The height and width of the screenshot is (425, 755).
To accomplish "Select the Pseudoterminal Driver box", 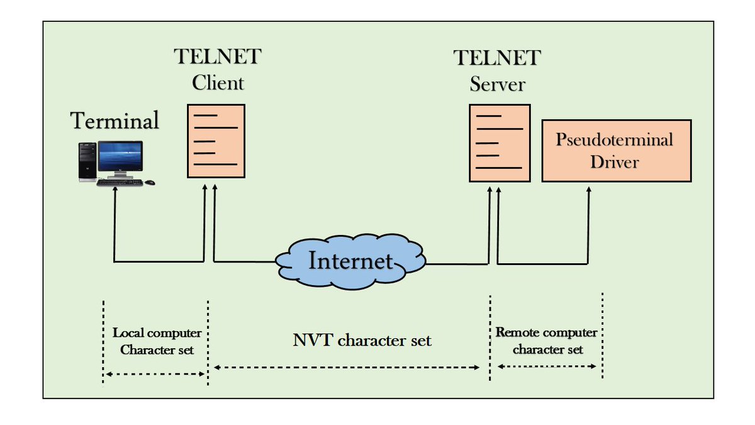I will click(616, 150).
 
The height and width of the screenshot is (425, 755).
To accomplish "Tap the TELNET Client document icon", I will click(216, 141).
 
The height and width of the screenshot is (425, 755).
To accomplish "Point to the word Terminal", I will click(115, 120).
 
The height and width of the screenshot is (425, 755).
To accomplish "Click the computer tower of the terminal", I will click(87, 162).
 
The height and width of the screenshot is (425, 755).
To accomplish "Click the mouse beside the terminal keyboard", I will click(149, 183).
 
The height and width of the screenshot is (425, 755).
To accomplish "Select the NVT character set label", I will click(362, 341).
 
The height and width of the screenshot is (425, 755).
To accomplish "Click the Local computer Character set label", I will click(157, 341).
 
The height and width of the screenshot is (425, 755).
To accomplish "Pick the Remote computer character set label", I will click(547, 341).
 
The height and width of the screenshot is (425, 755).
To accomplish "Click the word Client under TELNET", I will click(218, 82).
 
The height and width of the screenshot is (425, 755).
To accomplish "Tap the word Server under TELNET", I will click(497, 84).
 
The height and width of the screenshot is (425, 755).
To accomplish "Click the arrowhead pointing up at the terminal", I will click(115, 189).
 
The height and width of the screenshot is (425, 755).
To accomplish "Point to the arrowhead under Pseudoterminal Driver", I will click(589, 189).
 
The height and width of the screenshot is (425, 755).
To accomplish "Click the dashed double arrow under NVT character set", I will click(347, 367).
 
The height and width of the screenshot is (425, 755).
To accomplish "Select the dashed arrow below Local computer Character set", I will click(155, 374).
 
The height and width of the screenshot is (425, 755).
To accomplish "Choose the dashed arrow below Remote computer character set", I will click(547, 366).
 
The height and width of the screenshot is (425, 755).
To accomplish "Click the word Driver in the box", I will click(614, 162).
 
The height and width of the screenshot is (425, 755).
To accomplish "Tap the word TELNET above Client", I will click(217, 57).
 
